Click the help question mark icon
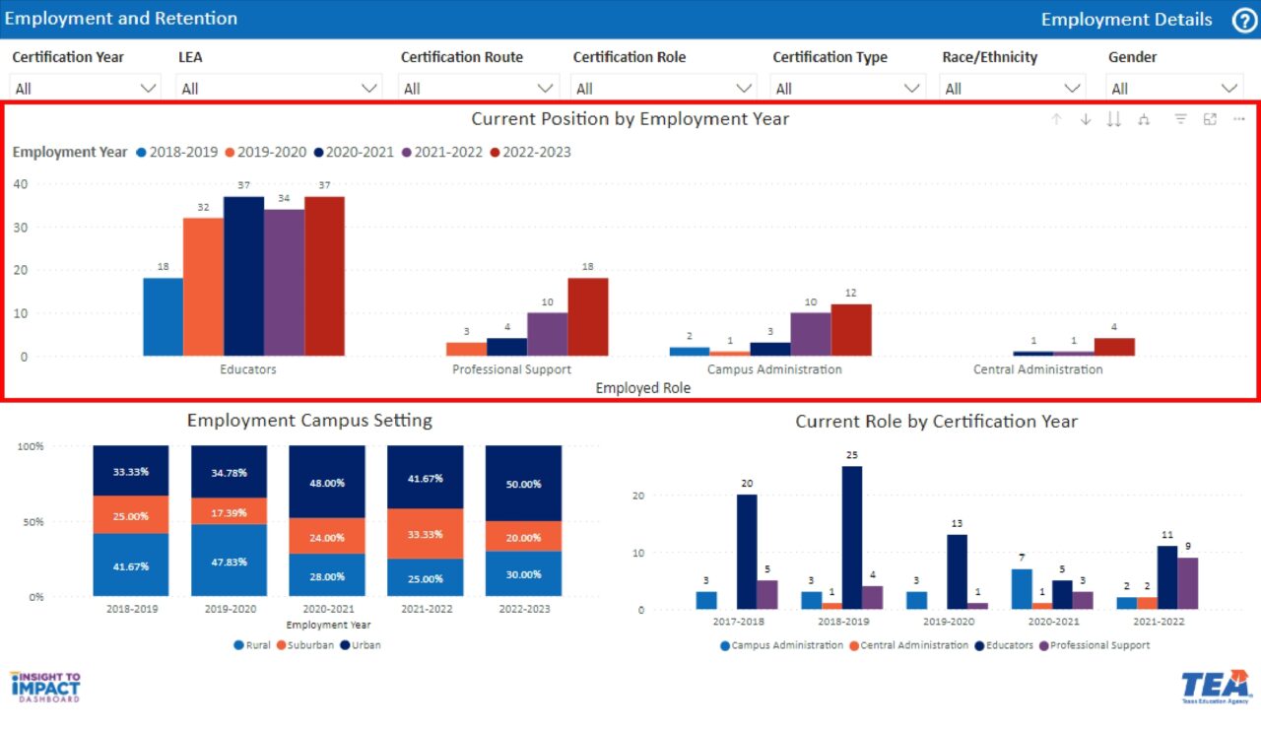[x=1243, y=20]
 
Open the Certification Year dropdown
[x=86, y=88]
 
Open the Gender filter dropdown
[x=1173, y=88]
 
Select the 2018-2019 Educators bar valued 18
[x=163, y=316]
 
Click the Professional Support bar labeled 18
[x=587, y=316]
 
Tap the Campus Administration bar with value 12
[x=850, y=330]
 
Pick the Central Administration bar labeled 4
[x=1114, y=347]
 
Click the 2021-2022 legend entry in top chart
[x=441, y=152]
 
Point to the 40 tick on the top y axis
[x=20, y=183]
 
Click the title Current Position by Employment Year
[x=630, y=119]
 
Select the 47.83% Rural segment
[x=229, y=561]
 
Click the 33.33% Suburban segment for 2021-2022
[x=425, y=533]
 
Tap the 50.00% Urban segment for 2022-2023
[x=523, y=484]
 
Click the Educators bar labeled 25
[x=851, y=538]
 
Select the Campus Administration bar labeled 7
[x=1022, y=589]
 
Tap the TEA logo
[x=1215, y=687]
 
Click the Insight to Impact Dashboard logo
[x=45, y=687]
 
